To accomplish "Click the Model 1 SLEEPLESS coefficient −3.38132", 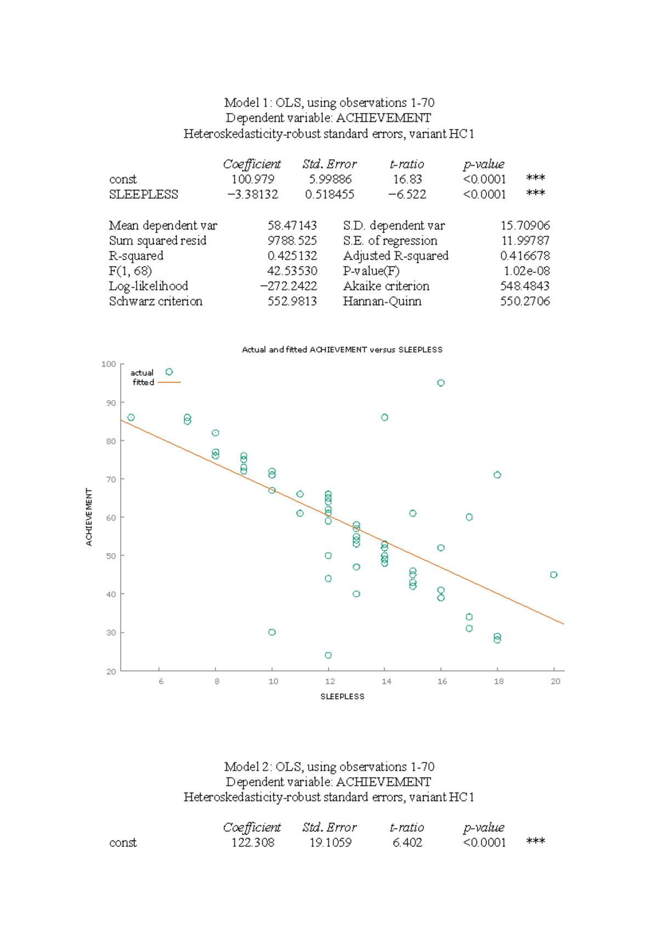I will coord(253,194).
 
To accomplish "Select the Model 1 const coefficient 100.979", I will coord(253,179).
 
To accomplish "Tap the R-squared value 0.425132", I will coord(292,256).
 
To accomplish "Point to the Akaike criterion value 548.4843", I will coord(524,286).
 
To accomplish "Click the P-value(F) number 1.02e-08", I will coord(526,271).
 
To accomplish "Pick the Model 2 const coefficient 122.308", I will coord(253,843).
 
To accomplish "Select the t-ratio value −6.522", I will coord(407,194).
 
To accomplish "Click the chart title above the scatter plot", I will coord(342,350).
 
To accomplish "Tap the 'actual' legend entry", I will coord(142,373).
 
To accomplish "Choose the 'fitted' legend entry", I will coord(143,383).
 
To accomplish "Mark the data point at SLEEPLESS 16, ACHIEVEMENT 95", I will coord(441,383).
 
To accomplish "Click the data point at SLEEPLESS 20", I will coord(554,575).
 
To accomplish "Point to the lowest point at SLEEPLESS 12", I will coord(328,655).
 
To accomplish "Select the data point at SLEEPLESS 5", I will coord(131,418).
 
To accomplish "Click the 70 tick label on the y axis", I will coord(111,479).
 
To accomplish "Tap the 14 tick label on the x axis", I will coord(386,681).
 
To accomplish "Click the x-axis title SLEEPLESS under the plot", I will coord(342,697).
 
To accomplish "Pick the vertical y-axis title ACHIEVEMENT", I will coord(89,517).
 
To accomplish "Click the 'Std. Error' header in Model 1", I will coord(329,164).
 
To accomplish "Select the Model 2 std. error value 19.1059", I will coord(330,843).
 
